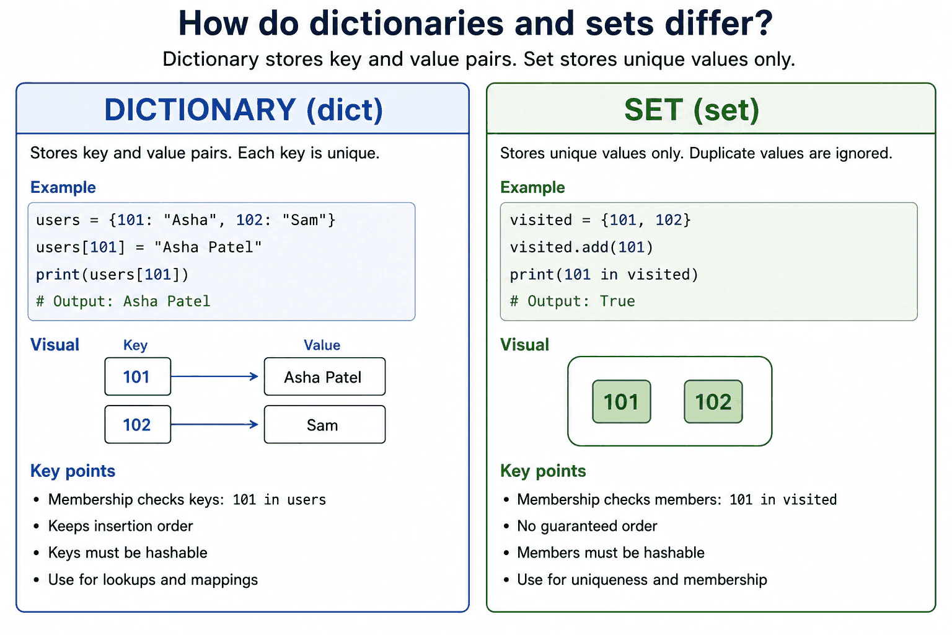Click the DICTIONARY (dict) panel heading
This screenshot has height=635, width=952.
click(244, 110)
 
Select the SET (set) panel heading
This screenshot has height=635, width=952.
click(692, 110)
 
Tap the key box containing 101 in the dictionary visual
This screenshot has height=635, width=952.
click(138, 376)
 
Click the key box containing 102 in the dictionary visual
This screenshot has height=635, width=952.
click(138, 424)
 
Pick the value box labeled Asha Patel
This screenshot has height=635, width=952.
click(325, 376)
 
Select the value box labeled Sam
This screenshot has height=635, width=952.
click(325, 424)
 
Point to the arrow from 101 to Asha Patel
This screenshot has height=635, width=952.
click(214, 376)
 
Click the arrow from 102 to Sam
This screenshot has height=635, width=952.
click(214, 424)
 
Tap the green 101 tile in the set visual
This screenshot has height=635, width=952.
click(622, 401)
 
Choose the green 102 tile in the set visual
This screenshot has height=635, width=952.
click(713, 401)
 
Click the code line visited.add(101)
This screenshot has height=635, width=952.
click(581, 247)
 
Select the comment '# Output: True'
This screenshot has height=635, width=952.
click(572, 301)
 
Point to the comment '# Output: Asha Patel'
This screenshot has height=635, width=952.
click(123, 301)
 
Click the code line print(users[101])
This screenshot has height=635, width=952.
click(112, 274)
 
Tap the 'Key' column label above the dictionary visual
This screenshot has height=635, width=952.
click(136, 345)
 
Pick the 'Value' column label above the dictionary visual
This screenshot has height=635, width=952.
click(322, 345)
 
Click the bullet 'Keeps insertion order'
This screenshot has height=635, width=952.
click(120, 526)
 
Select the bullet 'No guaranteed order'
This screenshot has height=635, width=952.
click(587, 526)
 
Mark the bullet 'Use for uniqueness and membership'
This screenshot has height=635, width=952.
click(641, 580)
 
